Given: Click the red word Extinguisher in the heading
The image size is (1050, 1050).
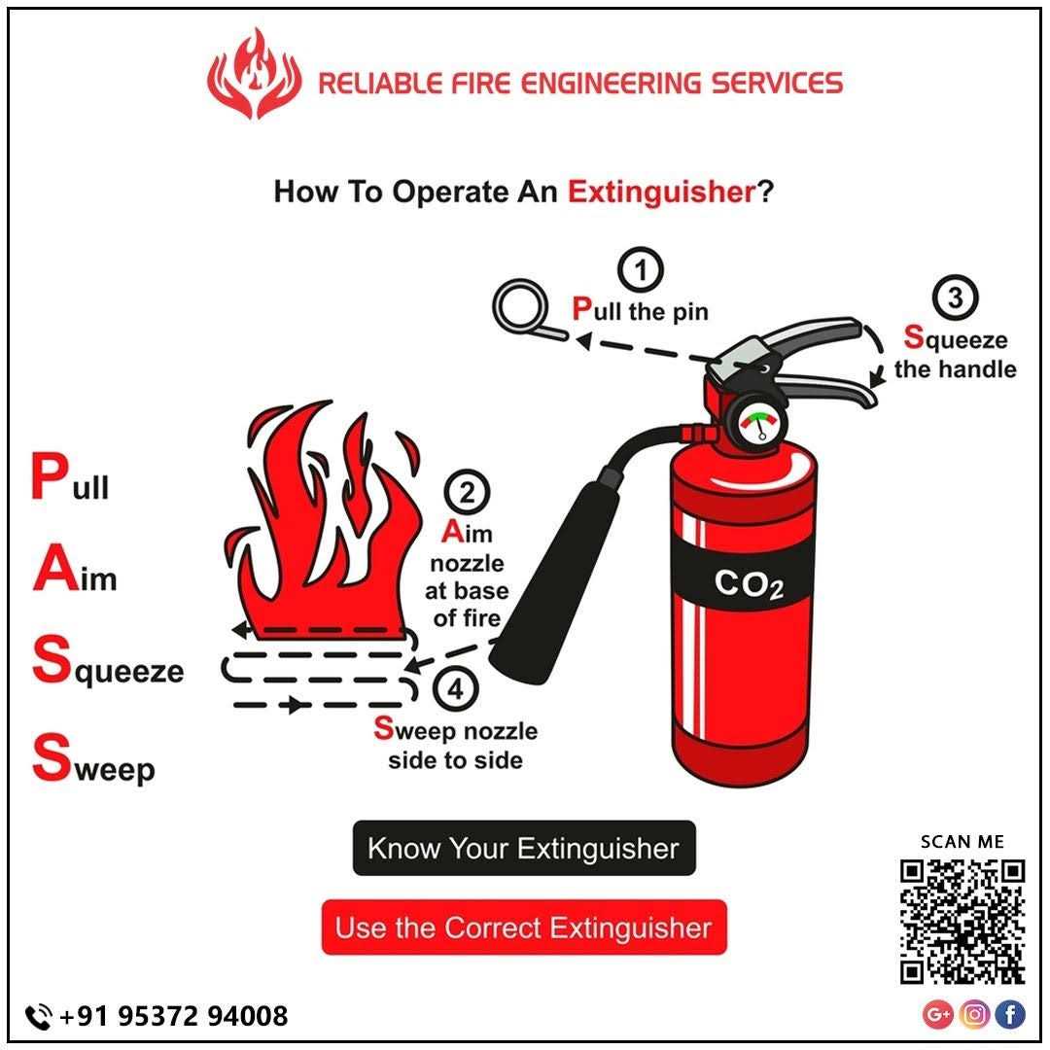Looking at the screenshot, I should click(x=661, y=192).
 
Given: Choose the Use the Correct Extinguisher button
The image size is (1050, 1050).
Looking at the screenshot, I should click(x=523, y=927).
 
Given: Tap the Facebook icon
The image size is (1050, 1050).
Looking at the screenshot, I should click(x=1010, y=1015).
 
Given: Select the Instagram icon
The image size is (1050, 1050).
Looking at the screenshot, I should click(x=974, y=1015).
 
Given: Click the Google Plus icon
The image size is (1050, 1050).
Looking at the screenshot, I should click(x=938, y=1015).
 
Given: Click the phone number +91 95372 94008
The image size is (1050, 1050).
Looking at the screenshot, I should click(x=173, y=1016).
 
